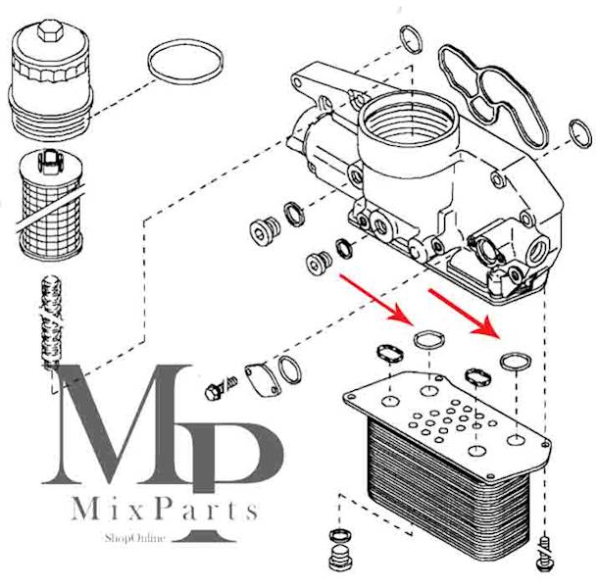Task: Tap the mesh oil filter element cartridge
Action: click(51, 206)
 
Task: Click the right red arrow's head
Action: click(487, 328)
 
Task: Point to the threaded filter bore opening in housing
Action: click(408, 119)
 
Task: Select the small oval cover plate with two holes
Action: click(263, 380)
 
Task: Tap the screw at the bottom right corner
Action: click(545, 553)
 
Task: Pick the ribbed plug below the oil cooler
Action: click(340, 557)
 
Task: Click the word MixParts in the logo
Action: click(165, 509)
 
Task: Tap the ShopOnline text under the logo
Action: click(135, 538)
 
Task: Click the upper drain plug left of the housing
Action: click(265, 230)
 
